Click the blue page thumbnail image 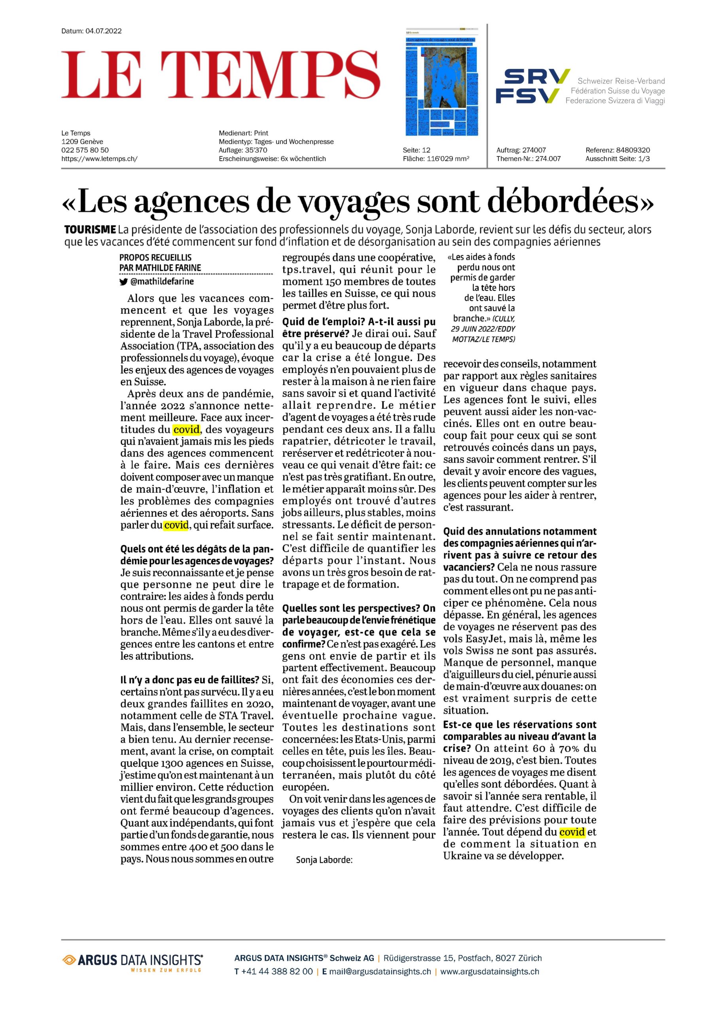(x=441, y=83)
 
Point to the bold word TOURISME (x=91, y=230)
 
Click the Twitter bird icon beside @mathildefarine (x=124, y=281)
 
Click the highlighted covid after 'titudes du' (x=186, y=429)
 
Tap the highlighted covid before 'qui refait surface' (x=176, y=525)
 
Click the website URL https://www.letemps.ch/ (x=99, y=159)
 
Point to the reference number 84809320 (x=633, y=150)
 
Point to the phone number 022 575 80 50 (x=85, y=150)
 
